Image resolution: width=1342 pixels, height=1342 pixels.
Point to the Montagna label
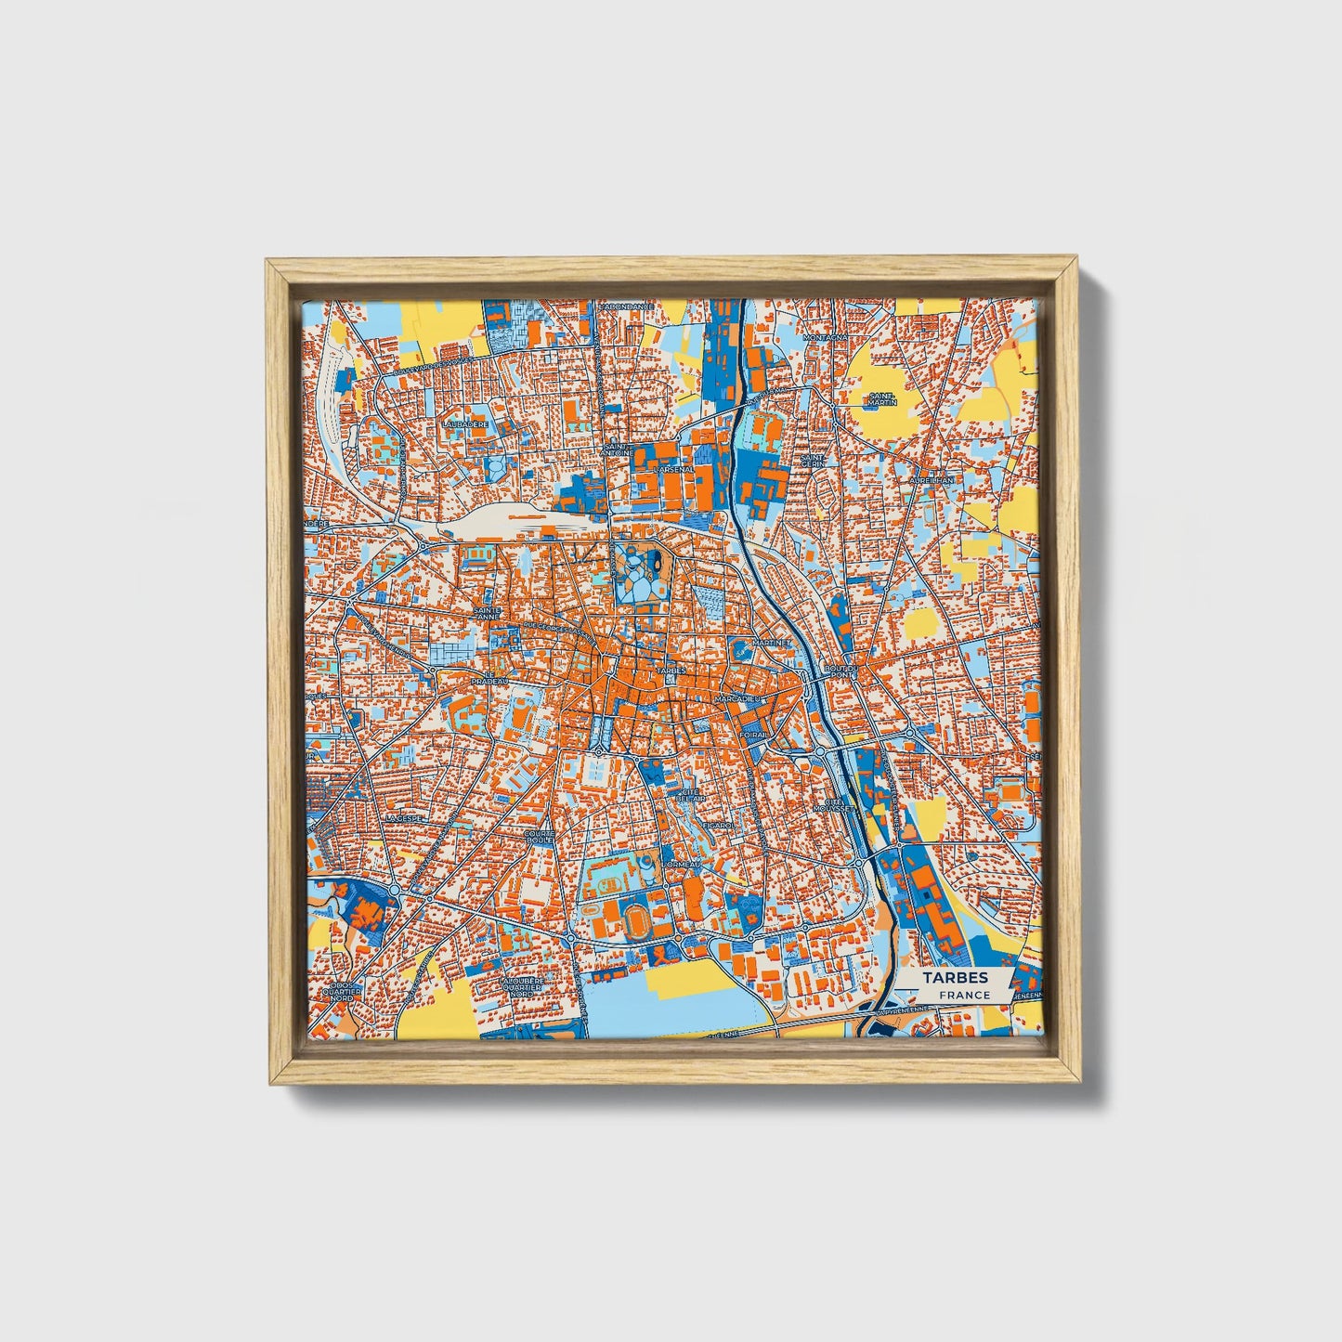pos(827,338)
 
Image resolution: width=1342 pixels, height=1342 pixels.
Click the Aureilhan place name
pos(932,480)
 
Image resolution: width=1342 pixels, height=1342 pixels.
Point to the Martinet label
pos(770,642)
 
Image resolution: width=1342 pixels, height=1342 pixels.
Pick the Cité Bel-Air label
pos(688,792)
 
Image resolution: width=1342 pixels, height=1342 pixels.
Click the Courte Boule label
pos(540,838)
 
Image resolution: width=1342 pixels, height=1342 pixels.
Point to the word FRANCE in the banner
pos(964,995)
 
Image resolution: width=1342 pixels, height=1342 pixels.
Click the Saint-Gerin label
pos(814,462)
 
